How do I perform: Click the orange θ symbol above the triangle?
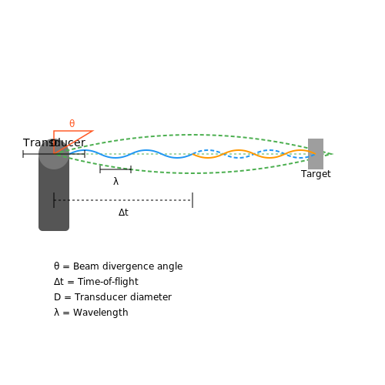pyautogui.click(x=72, y=123)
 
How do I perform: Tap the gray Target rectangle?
pyautogui.click(x=316, y=154)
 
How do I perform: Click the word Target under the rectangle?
pyautogui.click(x=316, y=174)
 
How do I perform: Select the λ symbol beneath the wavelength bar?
pyautogui.click(x=115, y=182)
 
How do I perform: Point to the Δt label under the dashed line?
pyautogui.click(x=123, y=213)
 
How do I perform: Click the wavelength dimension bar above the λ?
pyautogui.click(x=115, y=169)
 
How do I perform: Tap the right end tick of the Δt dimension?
pyautogui.click(x=192, y=200)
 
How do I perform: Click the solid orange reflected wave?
pyautogui.click(x=254, y=154)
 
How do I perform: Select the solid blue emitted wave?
pyautogui.click(x=131, y=154)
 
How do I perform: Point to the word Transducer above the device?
pyautogui.click(x=54, y=142)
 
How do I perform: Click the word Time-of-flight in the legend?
pyautogui.click(x=108, y=282)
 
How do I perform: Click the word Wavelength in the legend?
pyautogui.click(x=101, y=313)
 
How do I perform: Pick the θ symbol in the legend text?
pyautogui.click(x=56, y=266)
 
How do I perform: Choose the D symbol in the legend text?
pyautogui.click(x=57, y=297)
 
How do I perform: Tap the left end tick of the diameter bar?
pyautogui.click(x=23, y=154)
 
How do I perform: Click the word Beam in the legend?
pyautogui.click(x=86, y=266)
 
